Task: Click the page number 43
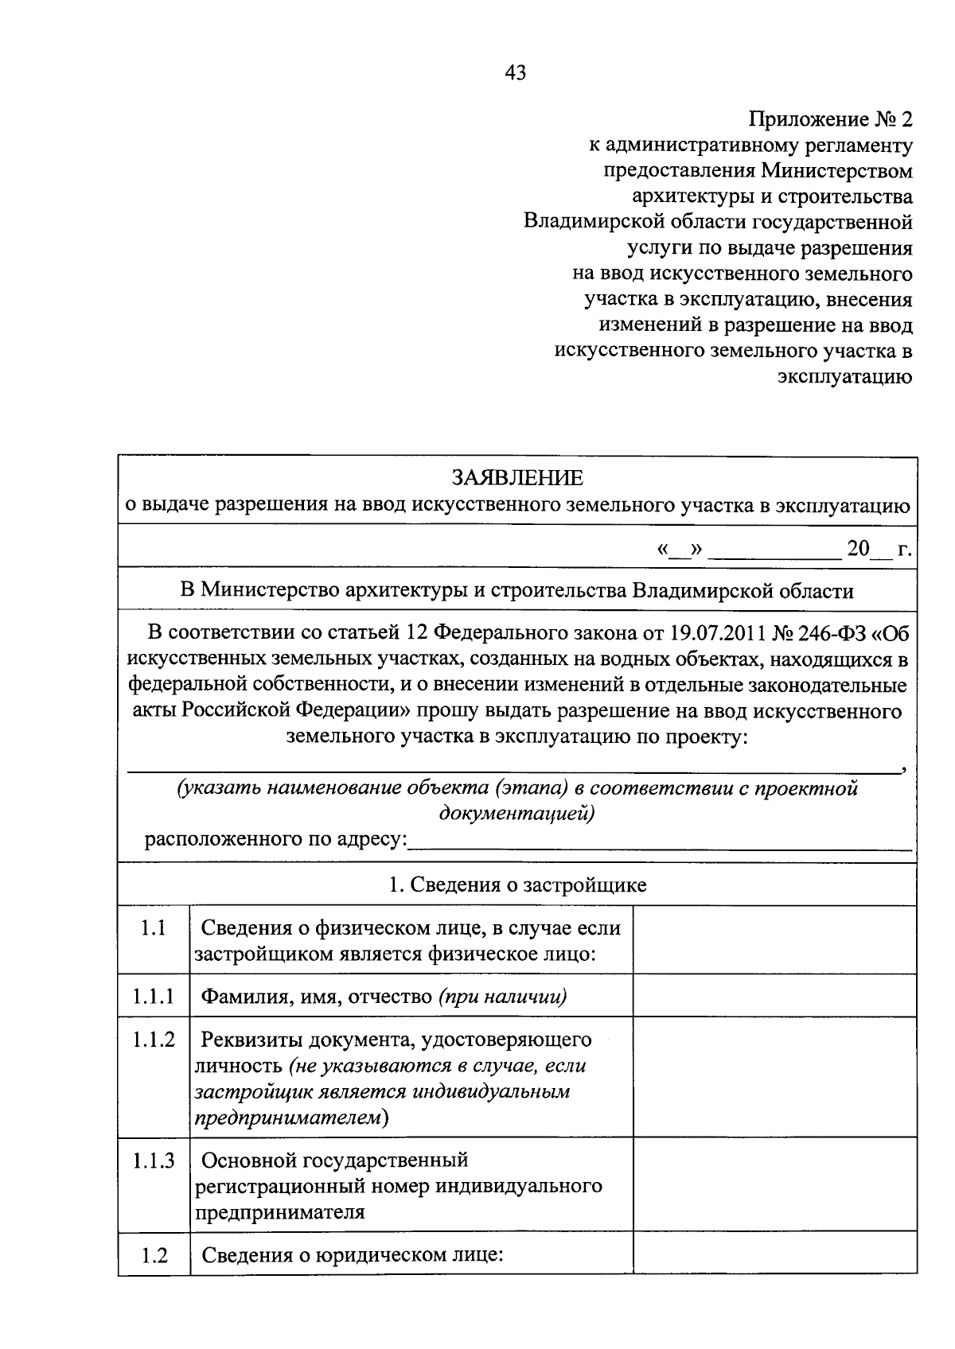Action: pyautogui.click(x=515, y=74)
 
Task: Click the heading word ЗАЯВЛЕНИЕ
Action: pyautogui.click(x=516, y=478)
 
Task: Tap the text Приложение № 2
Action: pyautogui.click(x=830, y=120)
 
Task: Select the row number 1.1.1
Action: pyautogui.click(x=153, y=997)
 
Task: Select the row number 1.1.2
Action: pyautogui.click(x=153, y=1040)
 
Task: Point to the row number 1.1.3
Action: pyautogui.click(x=153, y=1160)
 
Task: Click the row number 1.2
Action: pyautogui.click(x=153, y=1256)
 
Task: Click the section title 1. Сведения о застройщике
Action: pyautogui.click(x=516, y=885)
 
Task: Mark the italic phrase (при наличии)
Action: pyautogui.click(x=502, y=997)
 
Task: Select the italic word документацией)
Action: pyautogui.click(x=516, y=814)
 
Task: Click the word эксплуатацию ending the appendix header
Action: pyautogui.click(x=844, y=377)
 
